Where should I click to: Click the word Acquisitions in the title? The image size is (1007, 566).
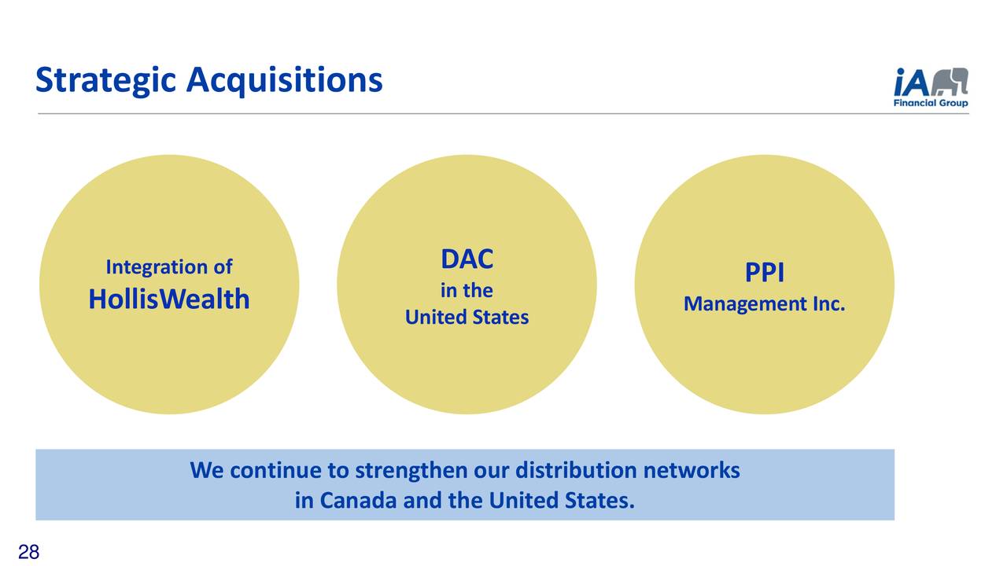pos(284,80)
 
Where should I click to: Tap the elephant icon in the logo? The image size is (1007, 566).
pos(950,81)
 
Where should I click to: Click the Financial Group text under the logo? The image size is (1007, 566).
pos(931,103)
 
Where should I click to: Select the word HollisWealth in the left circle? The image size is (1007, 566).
pos(169,299)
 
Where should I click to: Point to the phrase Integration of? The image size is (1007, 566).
pos(169,267)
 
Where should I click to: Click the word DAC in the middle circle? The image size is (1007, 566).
pos(467,259)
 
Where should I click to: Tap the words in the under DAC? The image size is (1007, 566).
pos(467,291)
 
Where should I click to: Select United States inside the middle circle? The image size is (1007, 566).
pos(467,318)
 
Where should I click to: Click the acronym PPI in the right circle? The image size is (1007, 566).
pos(765,273)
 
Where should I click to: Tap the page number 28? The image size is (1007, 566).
pos(28,553)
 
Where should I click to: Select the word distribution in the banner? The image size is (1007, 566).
pos(576,471)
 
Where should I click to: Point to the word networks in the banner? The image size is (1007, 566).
pos(692,471)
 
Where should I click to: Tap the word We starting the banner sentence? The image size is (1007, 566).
pos(207,471)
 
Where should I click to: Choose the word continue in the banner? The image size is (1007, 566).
pos(275,471)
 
